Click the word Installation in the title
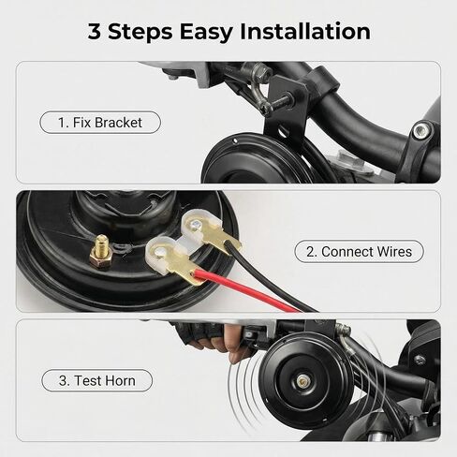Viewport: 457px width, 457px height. (305, 31)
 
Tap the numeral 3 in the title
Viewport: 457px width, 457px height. (95, 32)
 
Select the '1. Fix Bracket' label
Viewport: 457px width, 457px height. (100, 123)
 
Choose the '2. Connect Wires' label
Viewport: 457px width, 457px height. (359, 251)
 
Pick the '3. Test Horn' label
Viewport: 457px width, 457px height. (97, 380)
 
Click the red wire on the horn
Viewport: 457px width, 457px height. (246, 291)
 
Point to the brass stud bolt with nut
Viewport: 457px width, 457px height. (100, 252)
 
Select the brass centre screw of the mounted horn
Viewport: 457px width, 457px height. (302, 380)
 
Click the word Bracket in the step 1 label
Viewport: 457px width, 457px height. (118, 123)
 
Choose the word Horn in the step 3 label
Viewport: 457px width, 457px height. (121, 380)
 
